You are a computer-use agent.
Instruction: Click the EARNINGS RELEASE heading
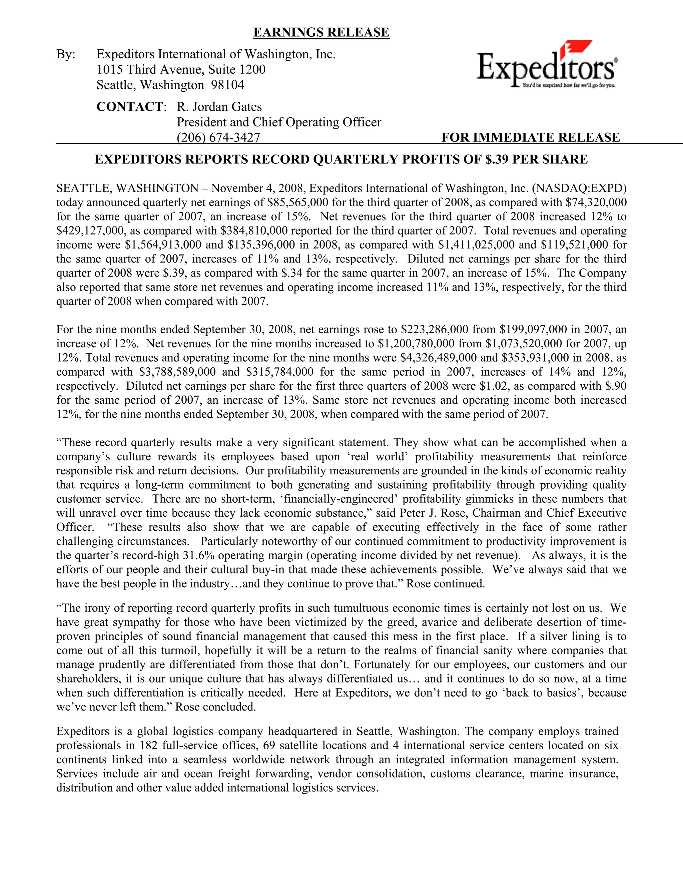point(321,32)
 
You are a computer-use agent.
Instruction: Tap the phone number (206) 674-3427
point(218,138)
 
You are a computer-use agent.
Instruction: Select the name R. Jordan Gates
point(219,107)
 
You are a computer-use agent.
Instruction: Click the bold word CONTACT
point(129,107)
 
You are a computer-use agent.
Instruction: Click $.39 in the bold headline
point(497,160)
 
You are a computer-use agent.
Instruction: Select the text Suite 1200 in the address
point(237,70)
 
